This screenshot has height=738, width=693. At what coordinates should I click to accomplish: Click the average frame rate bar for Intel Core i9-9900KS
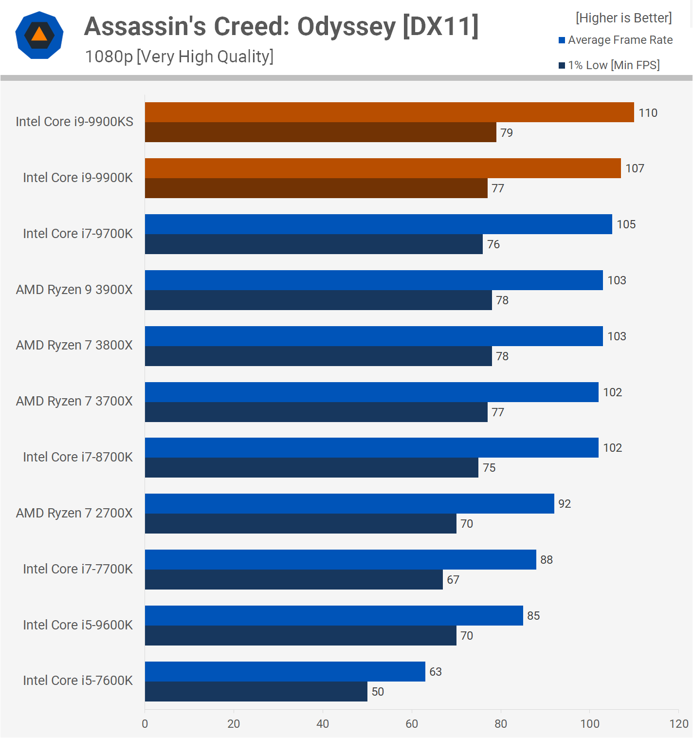[x=389, y=112]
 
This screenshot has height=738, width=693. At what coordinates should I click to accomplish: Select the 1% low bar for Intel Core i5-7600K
[x=256, y=691]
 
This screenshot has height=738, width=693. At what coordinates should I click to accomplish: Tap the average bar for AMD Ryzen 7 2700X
[x=349, y=504]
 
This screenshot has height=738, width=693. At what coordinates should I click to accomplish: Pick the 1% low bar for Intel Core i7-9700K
[x=314, y=244]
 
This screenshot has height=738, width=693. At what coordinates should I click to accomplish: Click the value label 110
[x=648, y=113]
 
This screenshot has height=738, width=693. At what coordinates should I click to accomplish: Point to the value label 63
[x=436, y=672]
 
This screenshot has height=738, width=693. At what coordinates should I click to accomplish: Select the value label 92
[x=565, y=504]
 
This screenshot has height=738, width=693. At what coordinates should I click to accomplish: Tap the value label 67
[x=453, y=580]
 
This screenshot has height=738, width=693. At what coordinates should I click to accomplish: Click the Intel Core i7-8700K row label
[x=78, y=457]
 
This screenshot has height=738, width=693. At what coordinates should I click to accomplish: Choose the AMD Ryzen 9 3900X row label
[x=74, y=290]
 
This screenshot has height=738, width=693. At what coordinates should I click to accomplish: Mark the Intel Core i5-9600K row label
[x=78, y=625]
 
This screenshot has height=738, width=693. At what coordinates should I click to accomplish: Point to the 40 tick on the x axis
[x=323, y=724]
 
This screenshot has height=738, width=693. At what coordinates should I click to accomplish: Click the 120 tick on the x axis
[x=679, y=724]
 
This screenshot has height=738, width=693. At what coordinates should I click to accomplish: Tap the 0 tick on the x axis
[x=145, y=724]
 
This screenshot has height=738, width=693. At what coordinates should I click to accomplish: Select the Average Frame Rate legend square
[x=562, y=40]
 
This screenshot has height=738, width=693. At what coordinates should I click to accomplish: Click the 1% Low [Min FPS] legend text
[x=614, y=65]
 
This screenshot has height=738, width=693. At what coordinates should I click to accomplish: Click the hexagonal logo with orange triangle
[x=39, y=35]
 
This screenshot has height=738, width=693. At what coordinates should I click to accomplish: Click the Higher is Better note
[x=623, y=18]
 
